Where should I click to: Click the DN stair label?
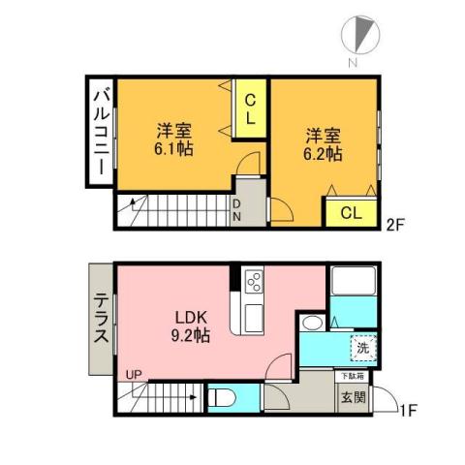point(235,210)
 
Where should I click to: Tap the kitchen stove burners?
point(254,282)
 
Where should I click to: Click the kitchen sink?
point(253,316)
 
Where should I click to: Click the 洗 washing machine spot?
point(362,346)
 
